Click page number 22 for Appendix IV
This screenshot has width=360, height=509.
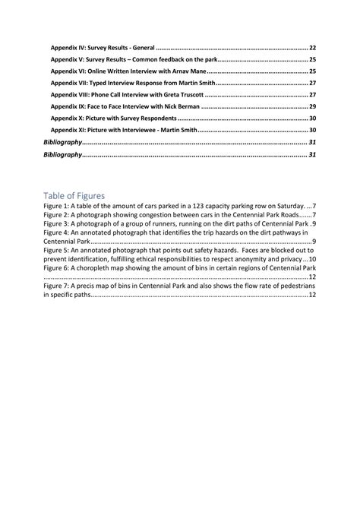(312, 47)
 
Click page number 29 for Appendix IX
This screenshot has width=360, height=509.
(312, 107)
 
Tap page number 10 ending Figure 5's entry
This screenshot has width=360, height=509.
(312, 260)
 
